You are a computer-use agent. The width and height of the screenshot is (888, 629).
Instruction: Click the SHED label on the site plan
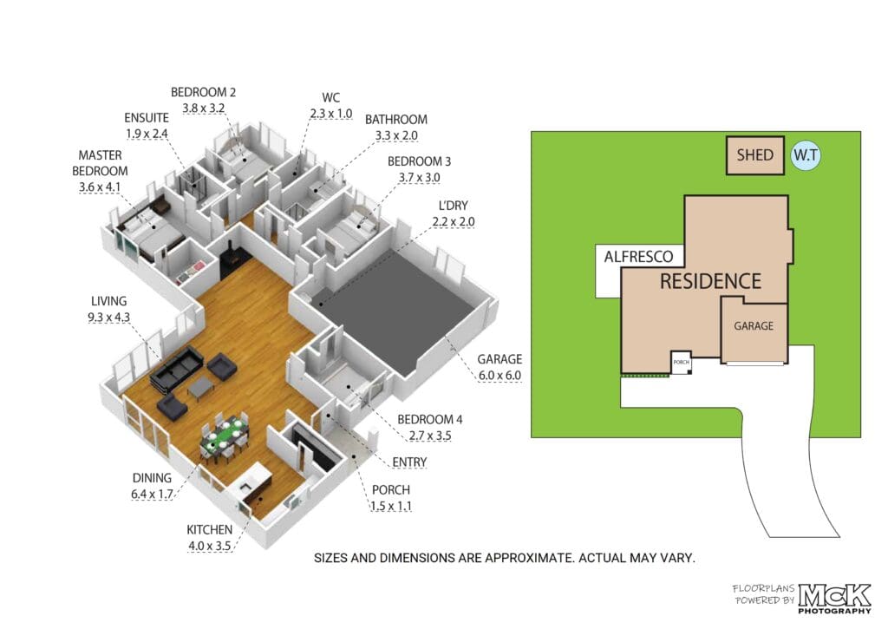tap(755, 155)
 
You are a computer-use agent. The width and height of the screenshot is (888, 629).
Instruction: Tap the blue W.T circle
tap(806, 155)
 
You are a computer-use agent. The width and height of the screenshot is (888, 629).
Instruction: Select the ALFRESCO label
tap(638, 257)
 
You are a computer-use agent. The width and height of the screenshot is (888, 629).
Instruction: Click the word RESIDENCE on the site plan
tap(710, 281)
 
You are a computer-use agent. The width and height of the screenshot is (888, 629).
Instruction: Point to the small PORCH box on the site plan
tap(682, 362)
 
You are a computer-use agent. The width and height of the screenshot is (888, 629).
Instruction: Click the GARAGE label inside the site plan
tap(754, 326)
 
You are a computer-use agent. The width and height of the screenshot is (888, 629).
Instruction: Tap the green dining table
tap(225, 436)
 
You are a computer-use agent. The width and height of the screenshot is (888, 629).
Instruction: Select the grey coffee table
tap(200, 388)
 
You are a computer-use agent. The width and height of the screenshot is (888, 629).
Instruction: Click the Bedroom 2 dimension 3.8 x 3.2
tap(203, 108)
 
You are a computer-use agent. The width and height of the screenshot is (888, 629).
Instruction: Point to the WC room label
tap(330, 97)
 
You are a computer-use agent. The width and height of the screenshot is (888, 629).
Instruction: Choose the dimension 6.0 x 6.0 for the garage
tap(499, 375)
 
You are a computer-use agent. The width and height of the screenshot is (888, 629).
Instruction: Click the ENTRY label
tap(409, 462)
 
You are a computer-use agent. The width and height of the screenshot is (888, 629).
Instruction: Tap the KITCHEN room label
tap(210, 530)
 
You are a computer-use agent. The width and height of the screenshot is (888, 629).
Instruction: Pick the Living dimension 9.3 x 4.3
tap(108, 318)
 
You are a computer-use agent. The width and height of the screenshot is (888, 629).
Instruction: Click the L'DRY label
tap(453, 206)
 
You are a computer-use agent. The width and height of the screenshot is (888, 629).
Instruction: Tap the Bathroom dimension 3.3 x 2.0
tap(396, 135)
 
